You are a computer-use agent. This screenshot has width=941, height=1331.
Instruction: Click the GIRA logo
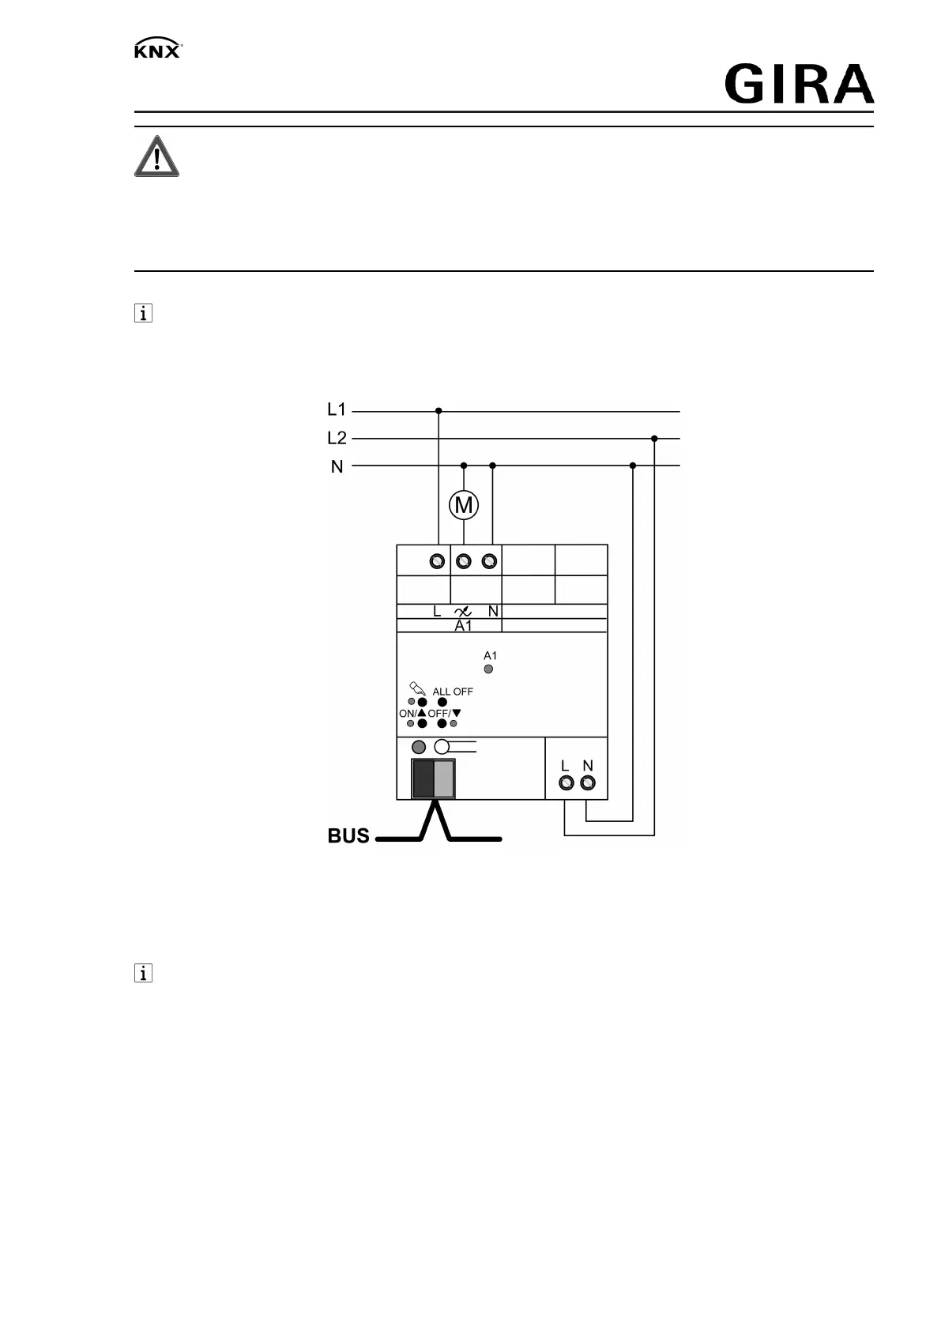[x=799, y=85]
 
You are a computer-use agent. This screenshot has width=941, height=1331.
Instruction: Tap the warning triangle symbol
[x=156, y=156]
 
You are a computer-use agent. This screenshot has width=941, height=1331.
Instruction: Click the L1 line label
[x=337, y=409]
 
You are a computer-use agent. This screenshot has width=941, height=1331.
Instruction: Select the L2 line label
[x=337, y=438]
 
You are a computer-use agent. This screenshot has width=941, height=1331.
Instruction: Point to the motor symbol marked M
[x=464, y=505]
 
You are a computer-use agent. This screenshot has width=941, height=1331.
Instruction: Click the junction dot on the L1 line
[x=439, y=411]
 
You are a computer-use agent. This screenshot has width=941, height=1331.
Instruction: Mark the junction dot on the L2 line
[x=654, y=439]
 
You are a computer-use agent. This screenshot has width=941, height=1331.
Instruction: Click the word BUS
[x=348, y=836]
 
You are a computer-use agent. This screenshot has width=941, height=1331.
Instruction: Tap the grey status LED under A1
[x=489, y=669]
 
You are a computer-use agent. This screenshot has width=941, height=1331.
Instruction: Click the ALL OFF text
[x=453, y=692]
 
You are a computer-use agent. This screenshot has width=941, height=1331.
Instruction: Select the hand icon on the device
[x=416, y=688]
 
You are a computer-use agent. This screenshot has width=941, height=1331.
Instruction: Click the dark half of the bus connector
[x=423, y=779]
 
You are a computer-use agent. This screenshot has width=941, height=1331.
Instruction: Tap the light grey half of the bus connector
[x=444, y=779]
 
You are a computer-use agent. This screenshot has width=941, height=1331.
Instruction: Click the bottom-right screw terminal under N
[x=588, y=783]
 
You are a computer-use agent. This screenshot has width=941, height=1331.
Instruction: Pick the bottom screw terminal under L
[x=566, y=783]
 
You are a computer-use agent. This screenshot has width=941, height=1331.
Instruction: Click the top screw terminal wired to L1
[x=437, y=562]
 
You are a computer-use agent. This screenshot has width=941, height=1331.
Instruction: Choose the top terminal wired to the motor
[x=464, y=562]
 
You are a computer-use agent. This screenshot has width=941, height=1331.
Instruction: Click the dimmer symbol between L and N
[x=464, y=611]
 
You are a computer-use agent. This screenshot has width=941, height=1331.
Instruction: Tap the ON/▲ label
[x=412, y=714]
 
